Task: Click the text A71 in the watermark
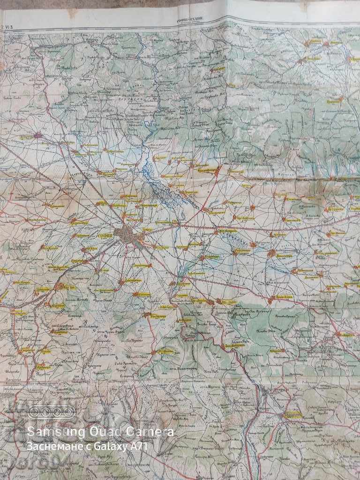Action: point(138,447)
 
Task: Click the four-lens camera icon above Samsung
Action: point(51,412)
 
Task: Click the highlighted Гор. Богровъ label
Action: point(243,218)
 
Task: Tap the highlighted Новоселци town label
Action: point(284,256)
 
